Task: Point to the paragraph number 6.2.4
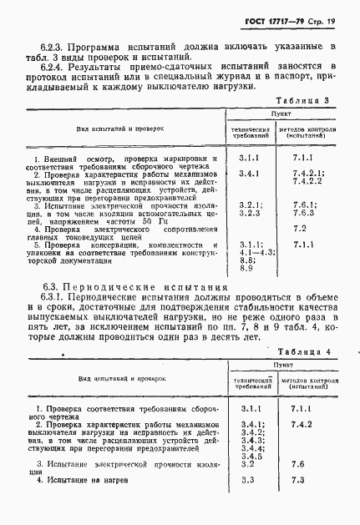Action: [x=53, y=73]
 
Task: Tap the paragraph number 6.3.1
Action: [x=53, y=299]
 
